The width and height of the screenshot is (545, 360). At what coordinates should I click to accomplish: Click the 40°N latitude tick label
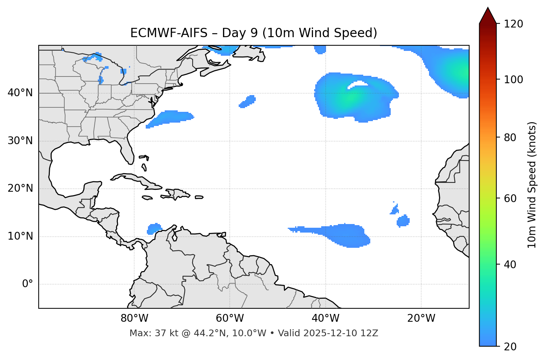[x=20, y=93]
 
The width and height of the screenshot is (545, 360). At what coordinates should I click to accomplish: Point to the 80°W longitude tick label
[x=134, y=318]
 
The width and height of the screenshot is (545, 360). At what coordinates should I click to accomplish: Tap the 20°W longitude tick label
[x=421, y=318]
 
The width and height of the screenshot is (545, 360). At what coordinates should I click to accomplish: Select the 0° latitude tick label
[x=28, y=284]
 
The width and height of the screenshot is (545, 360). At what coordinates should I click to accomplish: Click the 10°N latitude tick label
[x=20, y=236]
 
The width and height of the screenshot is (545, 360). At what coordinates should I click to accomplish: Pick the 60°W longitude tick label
[x=230, y=318]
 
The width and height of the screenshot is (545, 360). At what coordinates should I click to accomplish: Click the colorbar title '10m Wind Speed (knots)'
[x=532, y=185]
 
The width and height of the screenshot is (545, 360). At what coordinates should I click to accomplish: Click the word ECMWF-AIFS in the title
[x=168, y=33]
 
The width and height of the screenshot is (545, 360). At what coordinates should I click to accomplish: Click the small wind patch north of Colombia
[x=154, y=228]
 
